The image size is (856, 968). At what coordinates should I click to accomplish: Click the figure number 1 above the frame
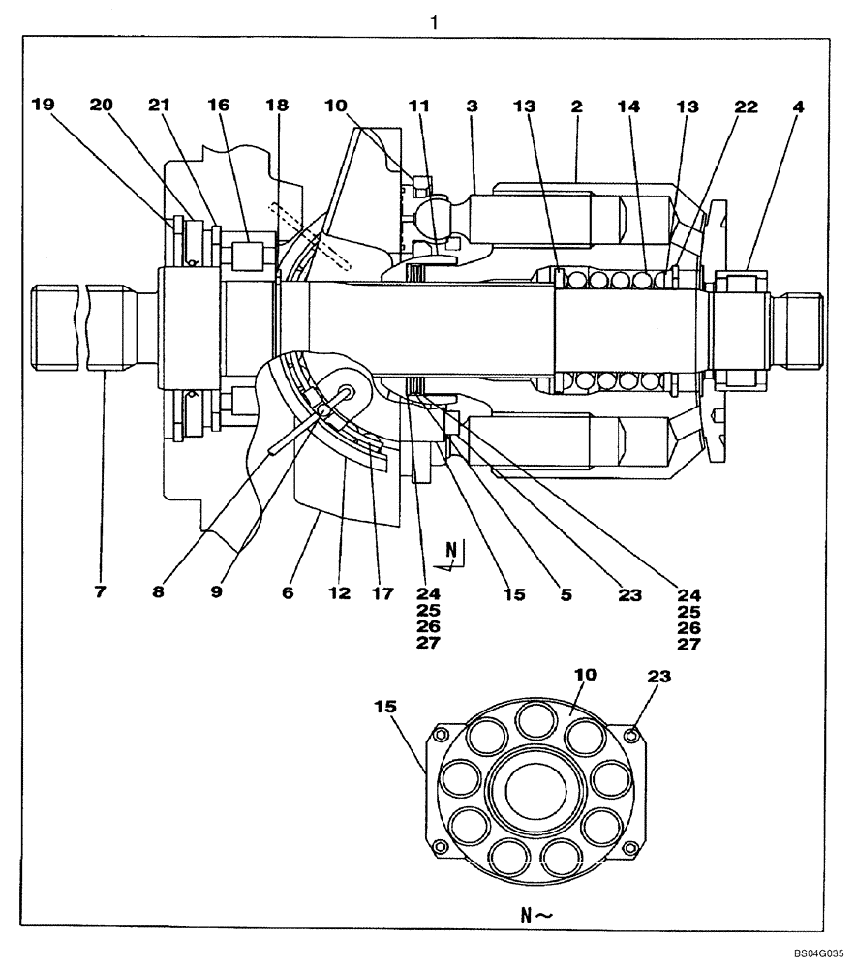(x=435, y=20)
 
